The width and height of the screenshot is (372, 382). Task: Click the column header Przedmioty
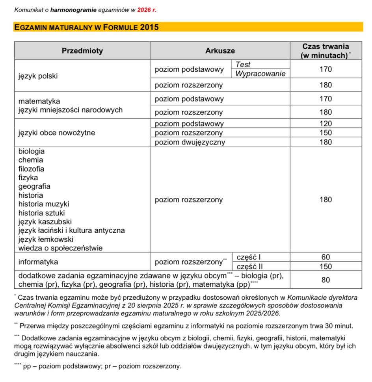[x=82, y=51]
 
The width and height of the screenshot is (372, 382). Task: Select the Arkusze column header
[x=220, y=51]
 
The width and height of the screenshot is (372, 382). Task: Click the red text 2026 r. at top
[x=147, y=10]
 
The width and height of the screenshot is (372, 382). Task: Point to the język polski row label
[x=38, y=76]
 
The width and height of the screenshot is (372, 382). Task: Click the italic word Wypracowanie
[x=260, y=74]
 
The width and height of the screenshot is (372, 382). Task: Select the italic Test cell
[x=243, y=65]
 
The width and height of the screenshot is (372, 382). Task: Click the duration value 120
[x=325, y=124]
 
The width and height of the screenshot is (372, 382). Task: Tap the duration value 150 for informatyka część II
[x=325, y=267]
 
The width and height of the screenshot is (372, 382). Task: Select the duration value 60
[x=325, y=257]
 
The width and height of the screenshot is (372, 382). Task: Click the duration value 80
[x=325, y=280]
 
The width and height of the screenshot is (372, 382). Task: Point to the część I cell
[x=249, y=257]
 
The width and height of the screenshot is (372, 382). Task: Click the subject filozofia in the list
[x=31, y=169]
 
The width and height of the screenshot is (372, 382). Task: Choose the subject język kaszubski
[x=45, y=222]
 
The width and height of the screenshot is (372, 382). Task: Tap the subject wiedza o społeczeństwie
[x=60, y=248]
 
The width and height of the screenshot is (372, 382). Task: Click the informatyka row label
[x=38, y=262]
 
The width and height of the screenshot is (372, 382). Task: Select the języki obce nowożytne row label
[x=56, y=133]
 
